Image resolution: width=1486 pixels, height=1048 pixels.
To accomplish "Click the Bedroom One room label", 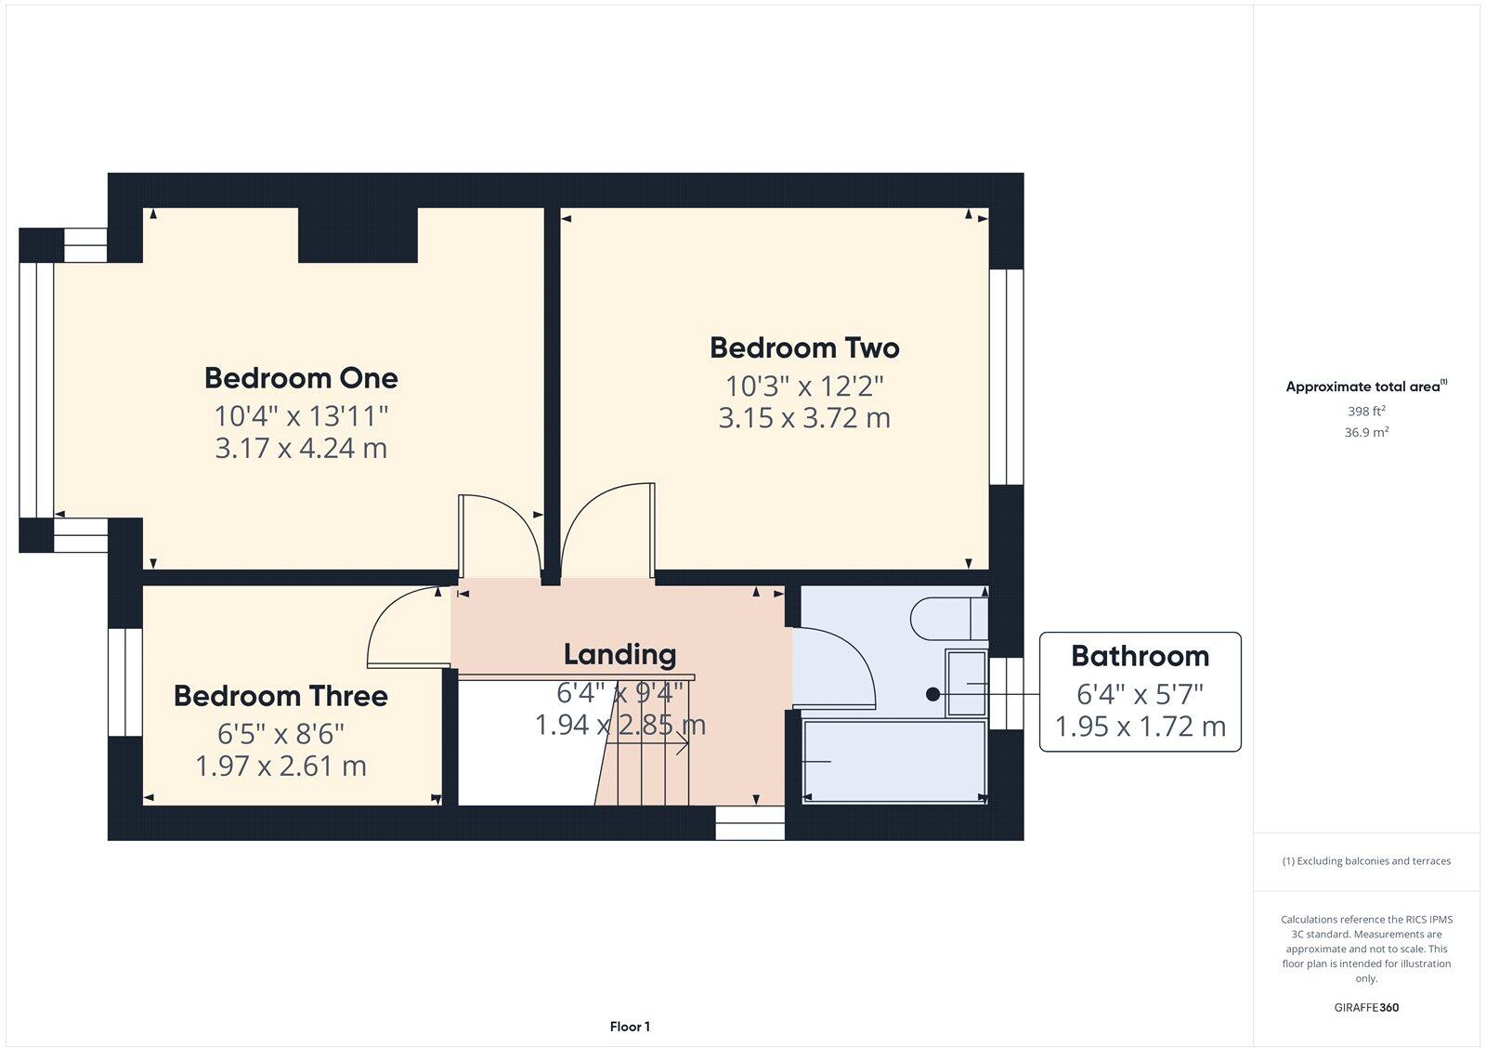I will [x=301, y=378].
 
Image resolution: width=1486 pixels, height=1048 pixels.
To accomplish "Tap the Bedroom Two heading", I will [x=804, y=347].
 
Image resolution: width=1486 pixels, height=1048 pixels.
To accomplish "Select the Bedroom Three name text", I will [x=280, y=696].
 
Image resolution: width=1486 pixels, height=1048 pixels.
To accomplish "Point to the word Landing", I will [x=619, y=654].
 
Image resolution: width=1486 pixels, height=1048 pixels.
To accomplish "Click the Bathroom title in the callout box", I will [x=1140, y=656].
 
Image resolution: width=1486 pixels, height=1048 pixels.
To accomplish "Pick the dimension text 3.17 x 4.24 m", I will [x=301, y=449].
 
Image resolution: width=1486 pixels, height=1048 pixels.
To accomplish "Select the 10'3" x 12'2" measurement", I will [x=804, y=386].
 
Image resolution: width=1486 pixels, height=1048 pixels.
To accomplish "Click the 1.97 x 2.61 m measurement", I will [x=280, y=766].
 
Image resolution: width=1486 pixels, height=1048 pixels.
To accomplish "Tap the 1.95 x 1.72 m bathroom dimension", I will [x=1140, y=726].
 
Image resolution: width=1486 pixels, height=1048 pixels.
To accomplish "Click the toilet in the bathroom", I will [x=947, y=619].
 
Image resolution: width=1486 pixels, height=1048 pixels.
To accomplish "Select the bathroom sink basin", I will [x=966, y=683].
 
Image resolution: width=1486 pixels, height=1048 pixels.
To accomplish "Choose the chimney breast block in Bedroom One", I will [x=358, y=235].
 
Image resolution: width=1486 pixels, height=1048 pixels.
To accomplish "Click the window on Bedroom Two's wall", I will [x=1006, y=376].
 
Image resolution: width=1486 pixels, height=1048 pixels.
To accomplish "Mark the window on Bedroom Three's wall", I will [x=125, y=683].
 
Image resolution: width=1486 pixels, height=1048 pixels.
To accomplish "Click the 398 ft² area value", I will [x=1366, y=411].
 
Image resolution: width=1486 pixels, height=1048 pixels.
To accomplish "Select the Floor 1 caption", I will [x=630, y=1027].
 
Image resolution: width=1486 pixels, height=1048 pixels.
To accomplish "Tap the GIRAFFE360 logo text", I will [x=1366, y=1007].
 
